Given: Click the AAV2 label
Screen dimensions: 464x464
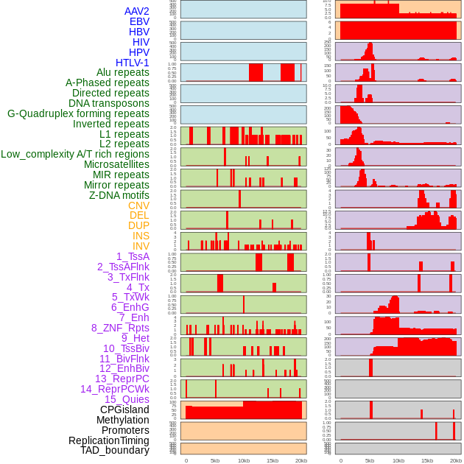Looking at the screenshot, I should [x=136, y=11].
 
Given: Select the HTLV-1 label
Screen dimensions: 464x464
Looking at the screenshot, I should [x=132, y=63].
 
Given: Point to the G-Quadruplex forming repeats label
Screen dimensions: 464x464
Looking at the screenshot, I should [x=78, y=113].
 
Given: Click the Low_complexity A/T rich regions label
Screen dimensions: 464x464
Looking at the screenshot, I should [x=75, y=154].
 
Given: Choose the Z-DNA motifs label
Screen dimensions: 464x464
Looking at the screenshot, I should [x=119, y=195].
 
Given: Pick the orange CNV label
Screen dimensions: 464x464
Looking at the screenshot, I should [x=138, y=205].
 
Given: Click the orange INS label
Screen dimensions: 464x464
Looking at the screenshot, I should [x=141, y=236].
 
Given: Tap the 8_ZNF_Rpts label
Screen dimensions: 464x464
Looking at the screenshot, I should [x=120, y=328].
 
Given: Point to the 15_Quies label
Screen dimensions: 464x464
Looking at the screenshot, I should [x=127, y=399].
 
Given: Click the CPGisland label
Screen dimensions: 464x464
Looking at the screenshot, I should [x=124, y=409].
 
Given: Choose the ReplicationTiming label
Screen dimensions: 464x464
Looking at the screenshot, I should [x=108, y=440].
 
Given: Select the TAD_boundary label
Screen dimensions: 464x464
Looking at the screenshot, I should [x=115, y=450].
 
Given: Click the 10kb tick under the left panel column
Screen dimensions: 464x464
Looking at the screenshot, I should [x=244, y=460].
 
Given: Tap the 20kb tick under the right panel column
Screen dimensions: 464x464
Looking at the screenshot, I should [x=456, y=460].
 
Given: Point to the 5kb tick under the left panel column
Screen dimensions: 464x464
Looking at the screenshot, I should [x=215, y=460].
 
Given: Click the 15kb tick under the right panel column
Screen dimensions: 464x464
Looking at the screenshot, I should [x=427, y=460].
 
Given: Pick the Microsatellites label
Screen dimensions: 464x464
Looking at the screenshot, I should [x=116, y=164].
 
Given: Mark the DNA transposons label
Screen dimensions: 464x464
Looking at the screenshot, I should [x=109, y=103].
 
